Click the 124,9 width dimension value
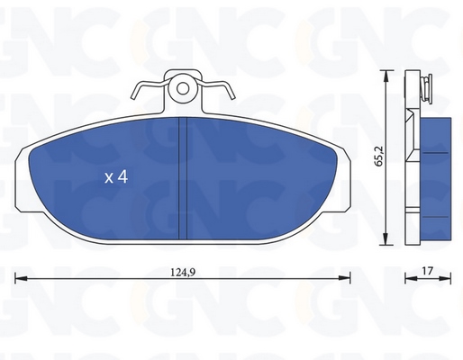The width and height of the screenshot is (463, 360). tap(183, 273)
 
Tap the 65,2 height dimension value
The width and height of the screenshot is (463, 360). tap(379, 156)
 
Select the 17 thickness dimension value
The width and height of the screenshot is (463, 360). tap(427, 271)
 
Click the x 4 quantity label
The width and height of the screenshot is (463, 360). tap(116, 177)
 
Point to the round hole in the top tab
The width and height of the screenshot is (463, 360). tap(183, 89)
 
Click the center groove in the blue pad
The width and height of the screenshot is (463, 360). tap(183, 178)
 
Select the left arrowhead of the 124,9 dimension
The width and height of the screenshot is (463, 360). tap(21, 278)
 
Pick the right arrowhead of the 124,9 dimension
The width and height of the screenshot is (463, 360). tap(344, 278)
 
